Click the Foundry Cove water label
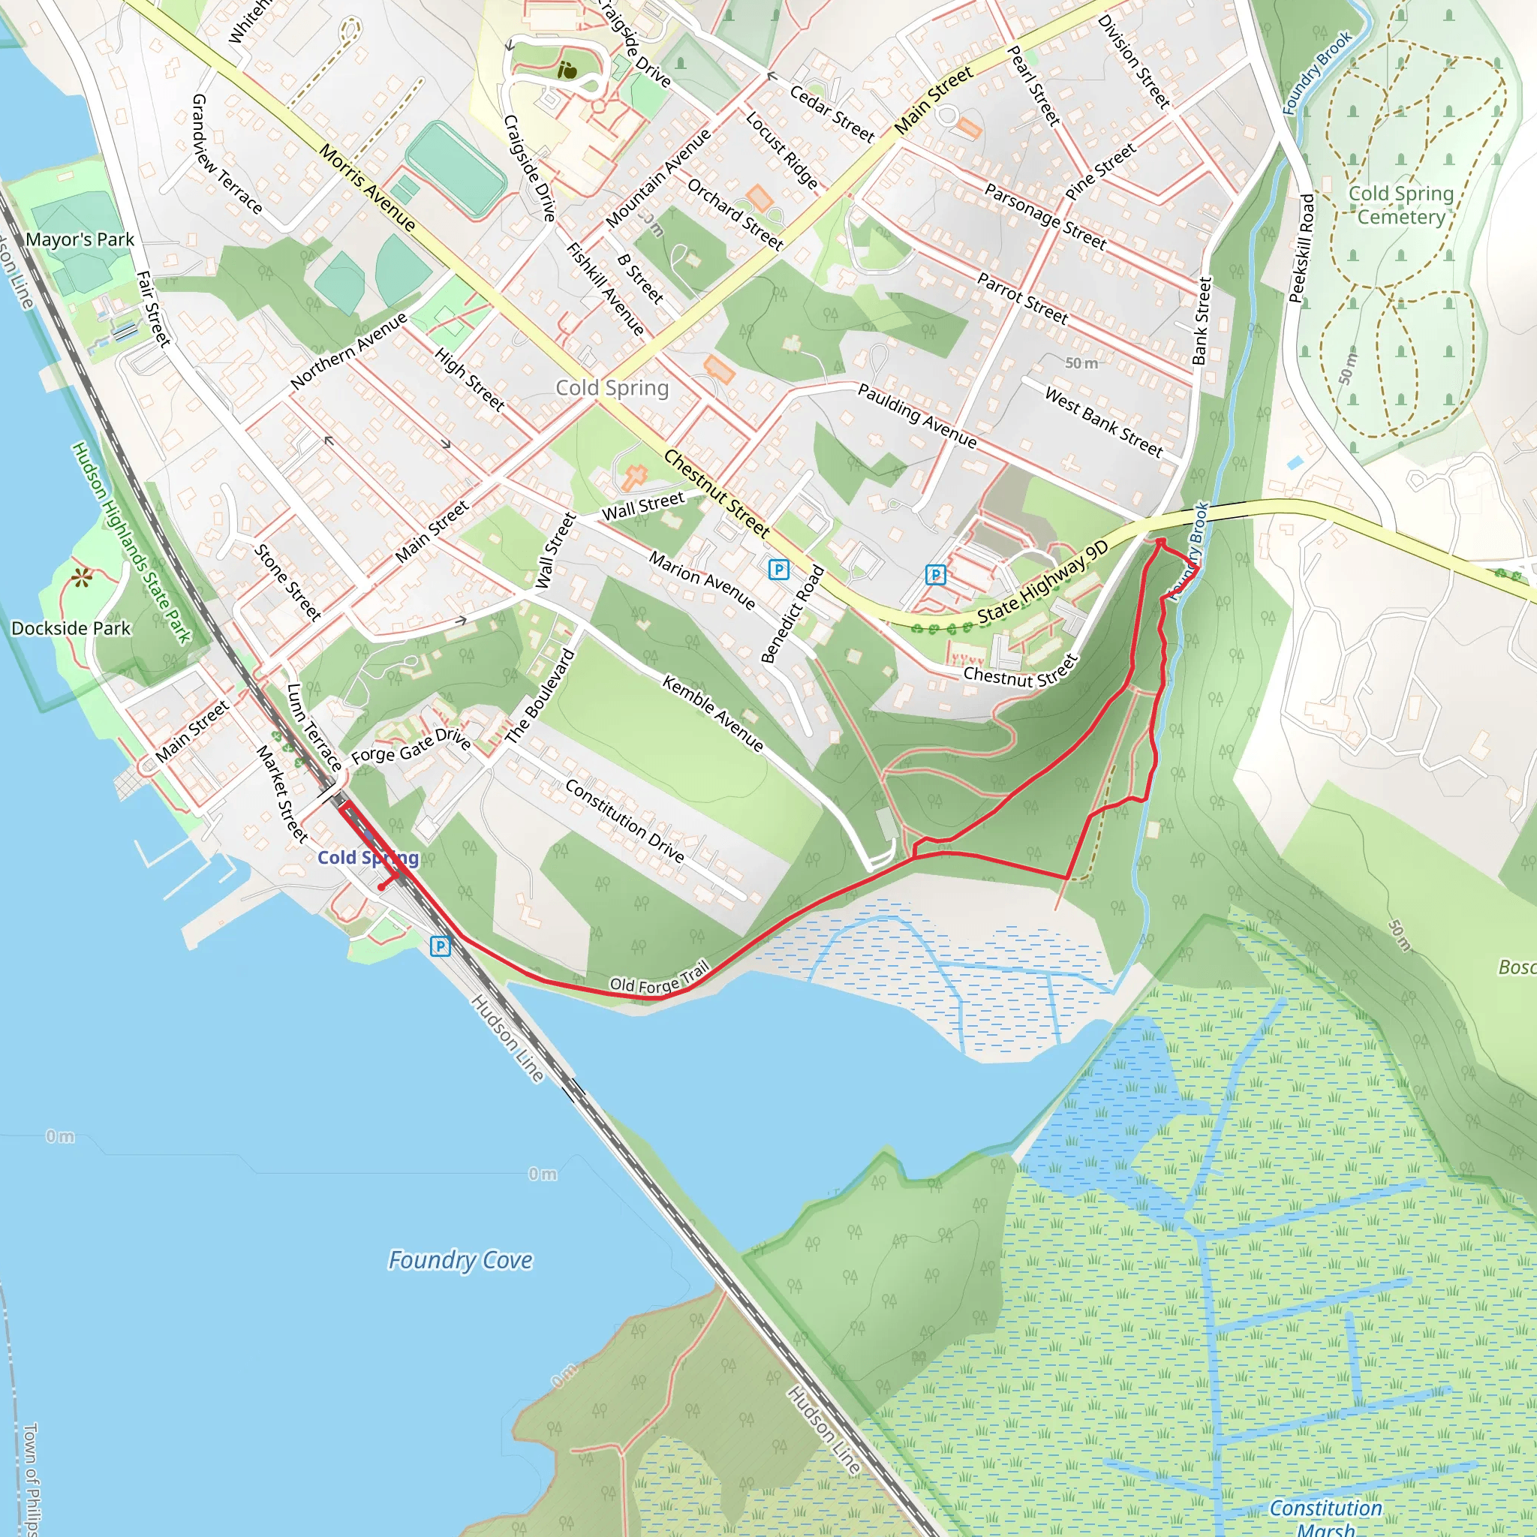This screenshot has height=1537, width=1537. (460, 1260)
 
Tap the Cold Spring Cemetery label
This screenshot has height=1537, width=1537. (1400, 205)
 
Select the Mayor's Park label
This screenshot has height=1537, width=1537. (80, 239)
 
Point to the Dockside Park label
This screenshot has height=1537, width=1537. (71, 628)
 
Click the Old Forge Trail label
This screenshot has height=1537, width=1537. (659, 980)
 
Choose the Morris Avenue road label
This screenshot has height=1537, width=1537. (368, 188)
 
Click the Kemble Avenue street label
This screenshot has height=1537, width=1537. (713, 714)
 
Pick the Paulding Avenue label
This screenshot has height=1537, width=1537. (916, 415)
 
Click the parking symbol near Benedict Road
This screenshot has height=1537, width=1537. (778, 570)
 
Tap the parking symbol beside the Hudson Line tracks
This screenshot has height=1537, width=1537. (440, 946)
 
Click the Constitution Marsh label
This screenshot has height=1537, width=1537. (1325, 1517)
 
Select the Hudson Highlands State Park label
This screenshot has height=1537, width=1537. (132, 543)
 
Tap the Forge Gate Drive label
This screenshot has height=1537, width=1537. (411, 745)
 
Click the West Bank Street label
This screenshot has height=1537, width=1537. (1103, 422)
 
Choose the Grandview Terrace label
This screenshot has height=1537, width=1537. (227, 155)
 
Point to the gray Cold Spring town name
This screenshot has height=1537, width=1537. (612, 388)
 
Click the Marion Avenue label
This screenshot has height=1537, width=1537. (702, 581)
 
